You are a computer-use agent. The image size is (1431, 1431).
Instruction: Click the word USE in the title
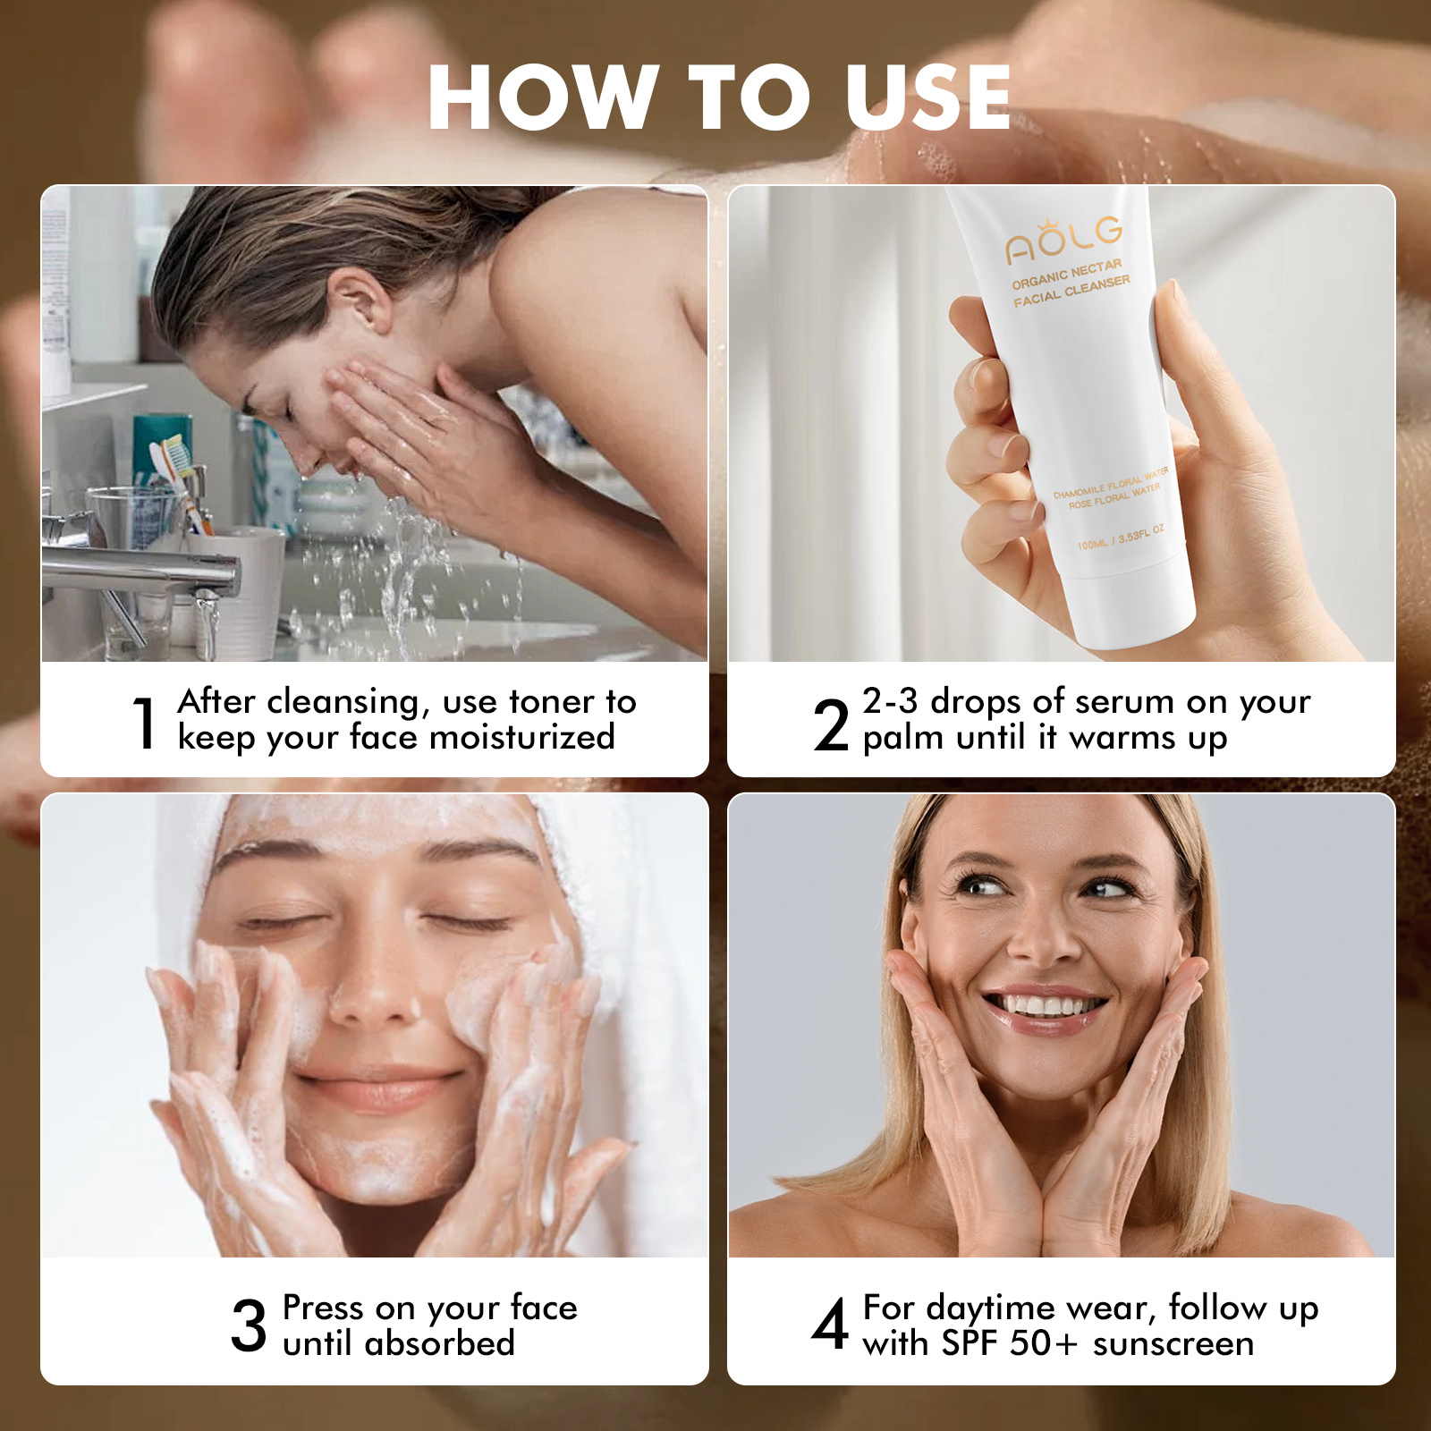coord(927,97)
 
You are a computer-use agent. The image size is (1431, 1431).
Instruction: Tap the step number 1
coord(145,723)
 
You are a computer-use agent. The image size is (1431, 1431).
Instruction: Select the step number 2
coord(831,724)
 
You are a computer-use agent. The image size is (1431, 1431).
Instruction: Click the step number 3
coord(249,1325)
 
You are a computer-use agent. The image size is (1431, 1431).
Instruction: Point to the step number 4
coord(830,1325)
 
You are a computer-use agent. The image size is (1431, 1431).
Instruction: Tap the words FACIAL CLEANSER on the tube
coord(1071,292)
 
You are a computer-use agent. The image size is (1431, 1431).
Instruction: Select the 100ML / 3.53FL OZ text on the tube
coord(1121,538)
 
